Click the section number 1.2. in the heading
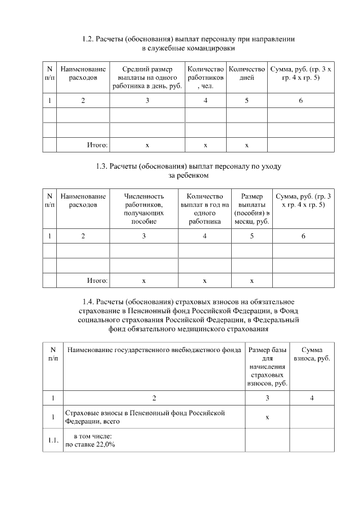click(x=88, y=39)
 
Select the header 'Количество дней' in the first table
click(x=247, y=73)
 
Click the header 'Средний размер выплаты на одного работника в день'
click(x=147, y=77)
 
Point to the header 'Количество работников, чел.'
click(x=205, y=77)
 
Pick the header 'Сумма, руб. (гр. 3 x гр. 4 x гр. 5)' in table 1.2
click(x=301, y=73)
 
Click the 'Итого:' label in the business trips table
click(x=97, y=145)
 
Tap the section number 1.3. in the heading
click(x=102, y=166)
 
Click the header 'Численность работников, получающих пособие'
click(x=143, y=209)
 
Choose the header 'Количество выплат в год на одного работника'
click(x=205, y=209)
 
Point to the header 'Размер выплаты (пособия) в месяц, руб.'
click(x=252, y=209)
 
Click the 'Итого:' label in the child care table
click(x=97, y=280)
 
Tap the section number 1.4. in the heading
click(x=89, y=301)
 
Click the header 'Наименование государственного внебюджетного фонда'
click(x=155, y=350)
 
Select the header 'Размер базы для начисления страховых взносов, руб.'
click(x=267, y=366)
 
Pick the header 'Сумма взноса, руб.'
click(x=312, y=354)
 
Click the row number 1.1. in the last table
click(x=52, y=440)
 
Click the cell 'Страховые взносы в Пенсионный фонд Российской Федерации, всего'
click(x=145, y=417)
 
